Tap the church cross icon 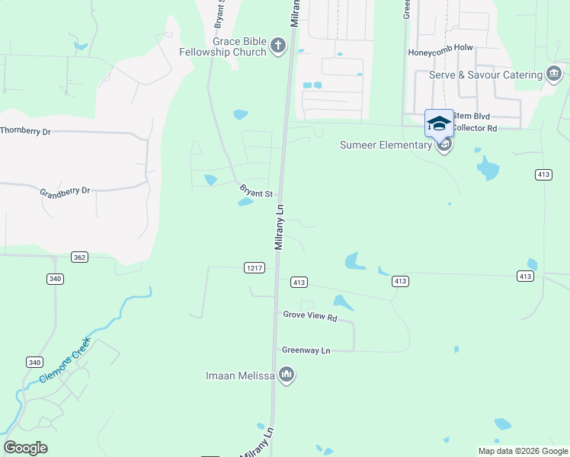click(278, 46)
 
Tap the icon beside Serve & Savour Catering click(555, 74)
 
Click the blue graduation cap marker click(439, 123)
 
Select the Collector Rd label click(475, 129)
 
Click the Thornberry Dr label click(25, 131)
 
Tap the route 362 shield click(80, 257)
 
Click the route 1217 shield click(255, 267)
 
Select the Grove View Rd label click(309, 315)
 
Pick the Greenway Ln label click(306, 350)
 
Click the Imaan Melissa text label click(240, 375)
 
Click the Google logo click(25, 448)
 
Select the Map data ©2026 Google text click(522, 451)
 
